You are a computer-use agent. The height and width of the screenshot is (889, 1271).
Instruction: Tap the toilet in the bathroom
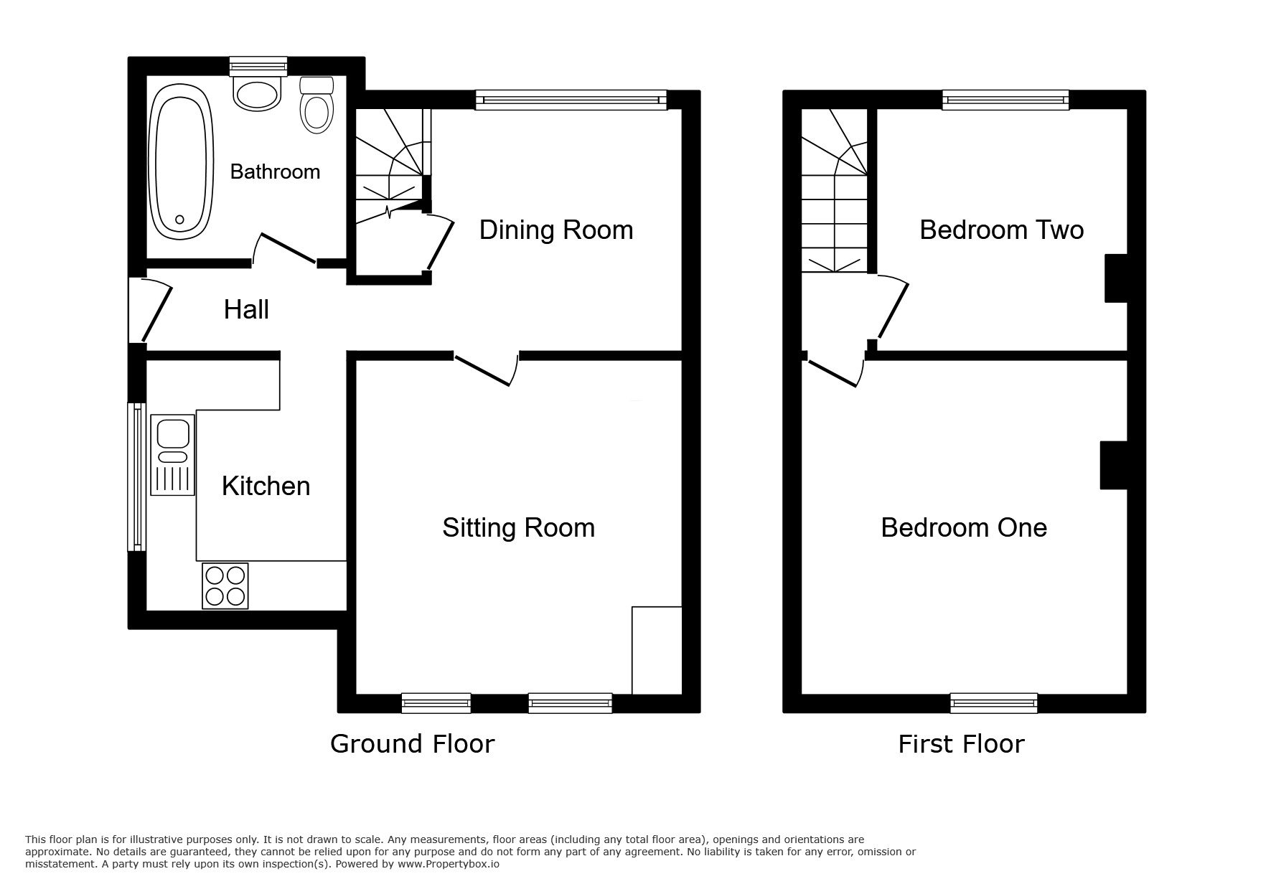[x=316, y=108]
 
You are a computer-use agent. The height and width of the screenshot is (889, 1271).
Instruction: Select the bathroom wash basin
[x=257, y=94]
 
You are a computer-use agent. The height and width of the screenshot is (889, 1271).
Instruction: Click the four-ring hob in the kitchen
[x=225, y=586]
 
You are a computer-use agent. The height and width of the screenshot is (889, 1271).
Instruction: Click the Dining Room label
[x=555, y=230]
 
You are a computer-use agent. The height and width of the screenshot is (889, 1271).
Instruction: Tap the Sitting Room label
[x=518, y=528]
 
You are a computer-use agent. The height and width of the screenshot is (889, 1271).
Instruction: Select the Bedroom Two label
[x=1001, y=230]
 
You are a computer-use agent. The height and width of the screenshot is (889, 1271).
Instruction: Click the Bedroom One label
[x=963, y=528]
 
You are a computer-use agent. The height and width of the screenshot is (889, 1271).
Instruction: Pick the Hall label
[x=246, y=310]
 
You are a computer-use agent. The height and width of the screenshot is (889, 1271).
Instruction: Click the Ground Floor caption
[x=412, y=744]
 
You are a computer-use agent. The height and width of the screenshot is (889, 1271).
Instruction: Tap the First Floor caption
[x=961, y=744]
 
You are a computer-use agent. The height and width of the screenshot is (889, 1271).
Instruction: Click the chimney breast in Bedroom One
[x=1113, y=466]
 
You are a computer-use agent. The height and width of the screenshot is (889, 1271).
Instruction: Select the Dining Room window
[x=571, y=100]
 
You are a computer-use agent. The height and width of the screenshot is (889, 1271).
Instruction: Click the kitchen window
[x=136, y=476]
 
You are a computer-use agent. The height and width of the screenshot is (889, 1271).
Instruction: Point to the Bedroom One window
[x=993, y=703]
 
